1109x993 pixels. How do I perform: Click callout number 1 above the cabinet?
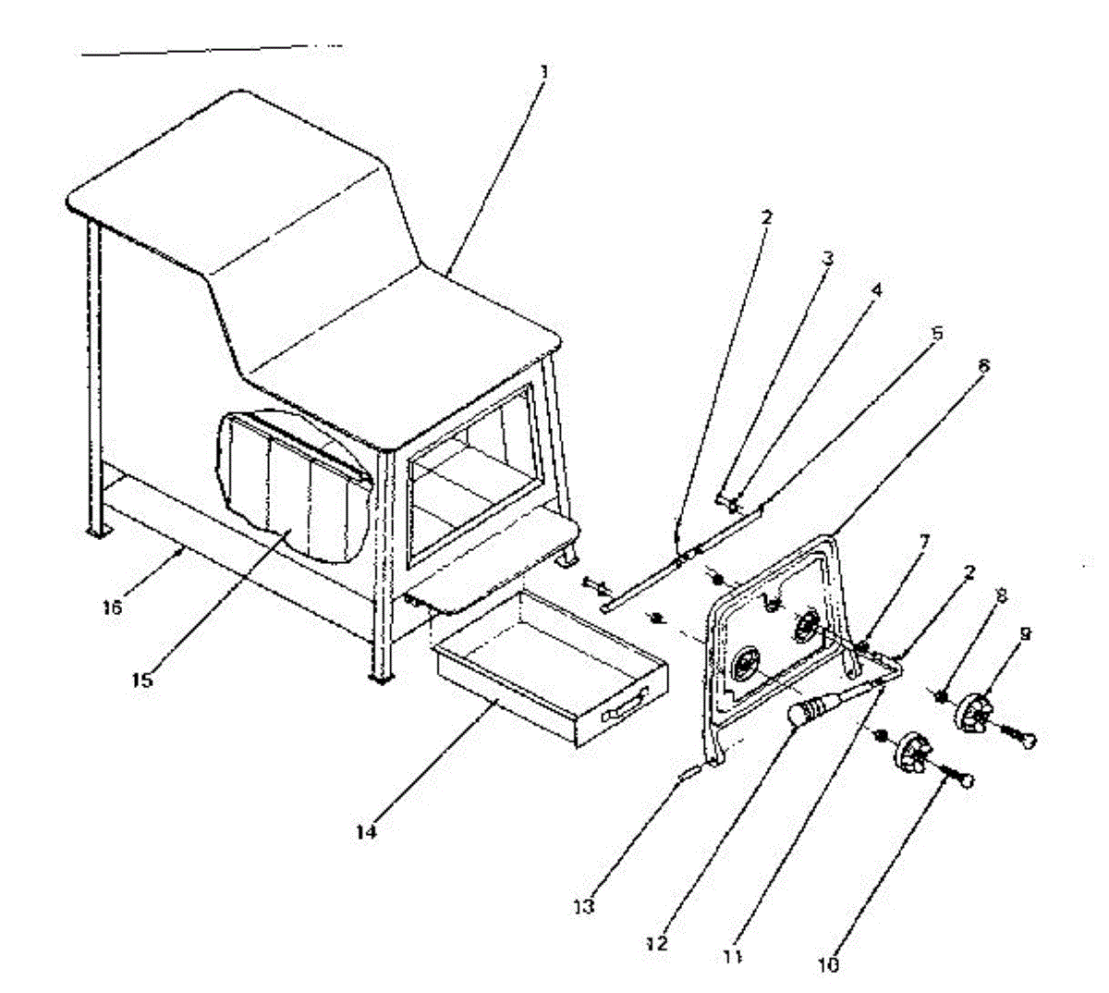click(544, 69)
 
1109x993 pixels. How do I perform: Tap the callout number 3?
click(828, 258)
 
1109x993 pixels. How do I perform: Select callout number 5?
click(937, 333)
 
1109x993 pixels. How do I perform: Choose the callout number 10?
click(829, 964)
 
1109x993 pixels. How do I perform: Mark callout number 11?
click(733, 959)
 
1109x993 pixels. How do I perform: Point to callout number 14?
click(367, 831)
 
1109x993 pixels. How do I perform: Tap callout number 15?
click(142, 680)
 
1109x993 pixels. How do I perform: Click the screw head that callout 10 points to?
click(963, 782)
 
